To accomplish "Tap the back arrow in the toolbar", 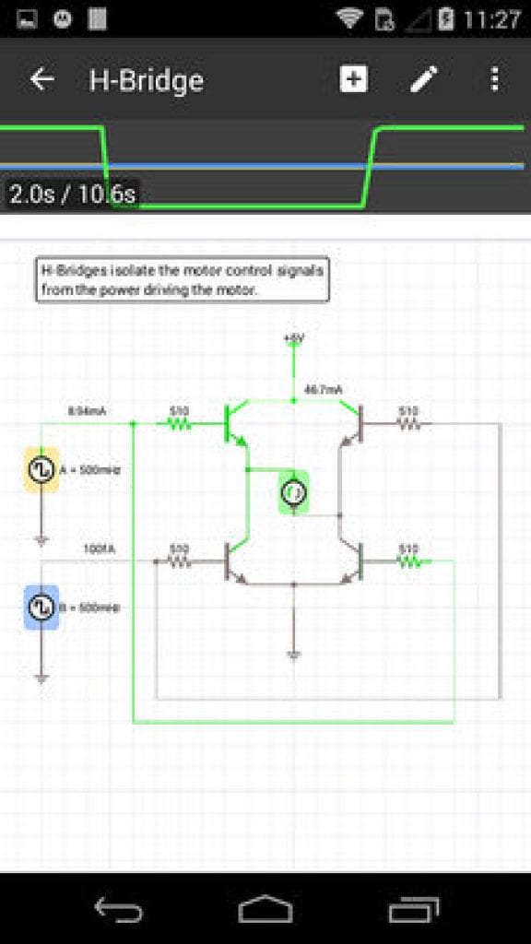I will coord(42,79).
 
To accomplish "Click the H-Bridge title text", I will coord(146,80).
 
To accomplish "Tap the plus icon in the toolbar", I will coord(353,79).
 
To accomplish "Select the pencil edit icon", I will coord(423,79).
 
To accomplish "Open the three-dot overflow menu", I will coord(495,79).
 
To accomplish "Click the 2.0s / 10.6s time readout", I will coord(72,195).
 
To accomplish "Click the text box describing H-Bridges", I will coord(183,280).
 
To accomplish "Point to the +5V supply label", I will coord(293,339).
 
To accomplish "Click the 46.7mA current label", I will coord(323,391).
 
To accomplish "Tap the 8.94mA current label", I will coord(87,411).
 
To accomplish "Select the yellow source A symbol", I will coord(41,470).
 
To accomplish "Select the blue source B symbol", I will coord(41,608).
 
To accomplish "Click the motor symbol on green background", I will coord(293,493).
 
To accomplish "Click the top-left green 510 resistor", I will coord(178,424).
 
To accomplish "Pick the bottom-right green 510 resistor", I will coord(407,560).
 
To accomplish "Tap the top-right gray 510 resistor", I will coord(407,424).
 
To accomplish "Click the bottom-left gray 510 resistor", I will coord(178,560).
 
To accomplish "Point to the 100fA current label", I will coord(99,549).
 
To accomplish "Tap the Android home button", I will coord(265,911).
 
